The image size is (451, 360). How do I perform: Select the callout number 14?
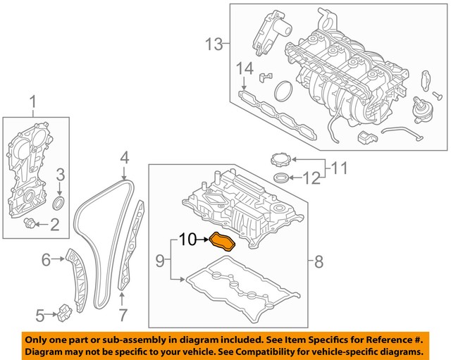[x=244, y=69]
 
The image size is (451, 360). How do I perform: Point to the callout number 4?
[x=123, y=156]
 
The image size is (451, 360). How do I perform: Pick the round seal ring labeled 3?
[x=60, y=204]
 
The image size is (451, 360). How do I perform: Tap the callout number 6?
[x=46, y=260]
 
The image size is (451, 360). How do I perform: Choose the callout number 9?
[x=160, y=261]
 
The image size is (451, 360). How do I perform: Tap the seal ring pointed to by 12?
[x=280, y=176]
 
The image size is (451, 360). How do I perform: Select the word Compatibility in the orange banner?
[x=267, y=350]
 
